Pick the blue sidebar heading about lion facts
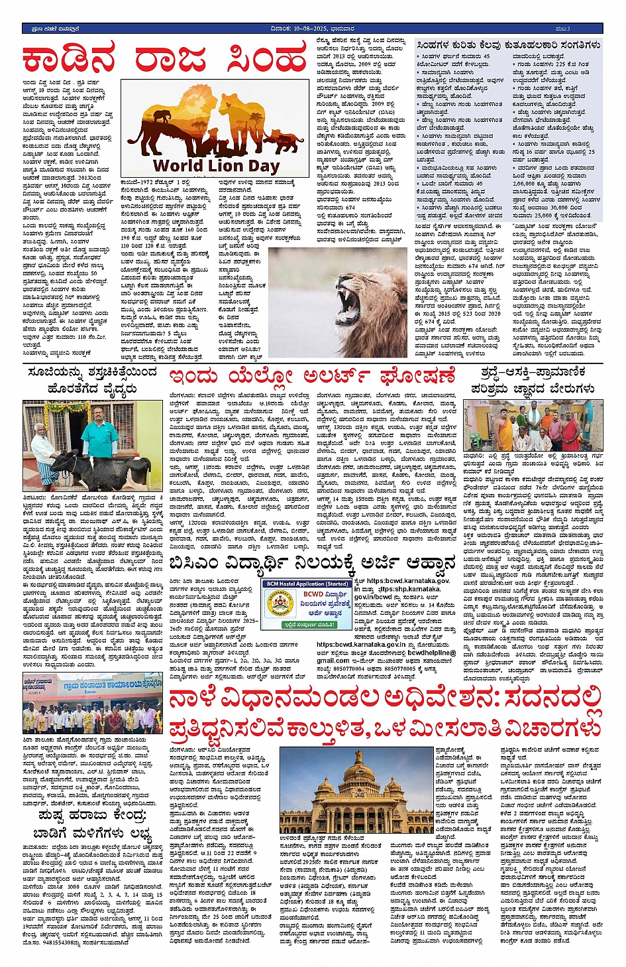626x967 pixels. point(509,45)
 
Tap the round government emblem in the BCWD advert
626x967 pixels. point(278,605)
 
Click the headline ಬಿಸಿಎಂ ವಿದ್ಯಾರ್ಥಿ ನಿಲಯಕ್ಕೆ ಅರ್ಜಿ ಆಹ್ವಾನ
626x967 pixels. point(312,564)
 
